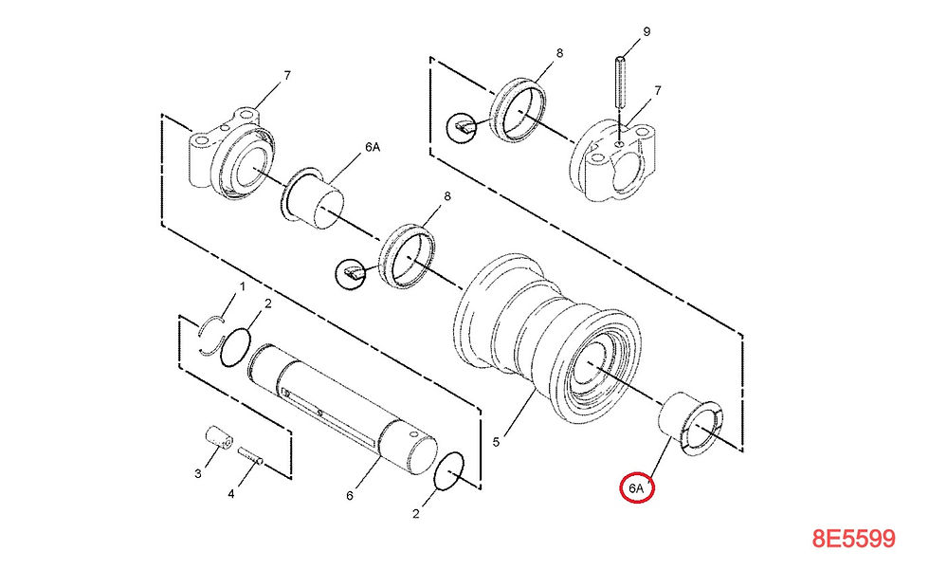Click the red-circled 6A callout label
point(637,487)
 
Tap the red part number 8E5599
point(853,539)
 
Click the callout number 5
point(495,442)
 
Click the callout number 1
point(242,285)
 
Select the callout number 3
point(198,472)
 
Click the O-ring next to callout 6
point(449,472)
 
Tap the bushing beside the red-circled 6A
point(693,421)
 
